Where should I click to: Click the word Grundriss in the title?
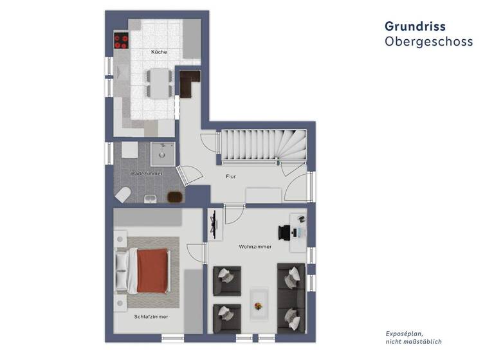415,26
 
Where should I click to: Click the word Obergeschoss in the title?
428,42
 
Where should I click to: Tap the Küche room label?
159,51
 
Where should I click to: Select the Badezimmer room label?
146,174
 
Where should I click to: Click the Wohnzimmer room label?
255,246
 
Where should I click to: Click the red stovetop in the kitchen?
121,41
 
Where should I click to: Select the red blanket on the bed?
154,269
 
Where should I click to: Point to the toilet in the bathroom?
123,193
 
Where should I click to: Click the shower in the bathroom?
163,154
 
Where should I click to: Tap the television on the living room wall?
213,226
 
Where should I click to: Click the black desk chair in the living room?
284,232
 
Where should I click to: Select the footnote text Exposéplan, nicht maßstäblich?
414,338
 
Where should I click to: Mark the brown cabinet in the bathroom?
174,197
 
